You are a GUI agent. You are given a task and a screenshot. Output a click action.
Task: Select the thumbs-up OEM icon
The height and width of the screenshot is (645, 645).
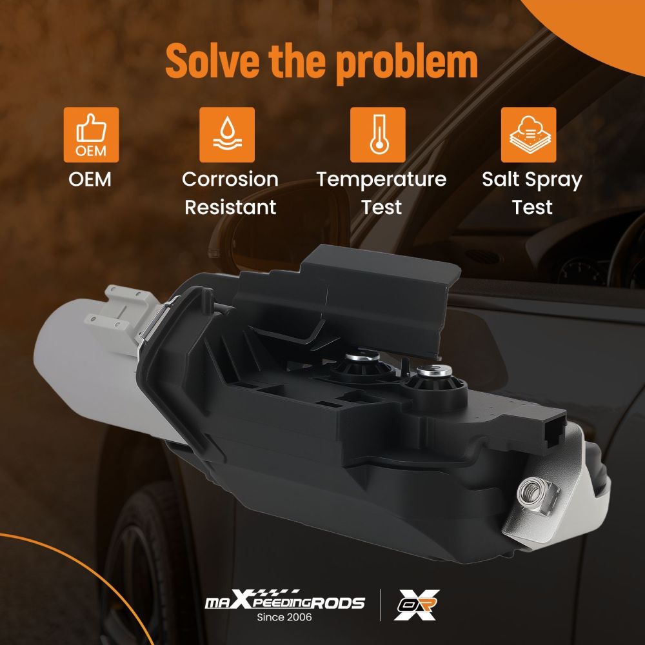pos(91,135)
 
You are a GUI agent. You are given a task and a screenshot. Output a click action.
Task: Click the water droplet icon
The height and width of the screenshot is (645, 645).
pos(226,135)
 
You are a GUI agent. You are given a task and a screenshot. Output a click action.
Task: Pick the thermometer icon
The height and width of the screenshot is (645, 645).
pos(377,135)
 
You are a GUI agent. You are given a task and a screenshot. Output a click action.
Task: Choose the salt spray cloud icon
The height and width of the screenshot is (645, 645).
pos(528,135)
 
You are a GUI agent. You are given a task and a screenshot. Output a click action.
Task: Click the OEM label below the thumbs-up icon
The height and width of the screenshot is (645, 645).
pos(90,179)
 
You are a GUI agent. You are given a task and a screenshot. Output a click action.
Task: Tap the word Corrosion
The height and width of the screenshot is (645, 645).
pos(230,179)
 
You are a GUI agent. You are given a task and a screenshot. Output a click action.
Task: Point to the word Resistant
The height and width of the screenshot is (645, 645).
pos(230,207)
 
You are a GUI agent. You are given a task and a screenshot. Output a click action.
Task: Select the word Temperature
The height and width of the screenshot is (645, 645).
pos(381,179)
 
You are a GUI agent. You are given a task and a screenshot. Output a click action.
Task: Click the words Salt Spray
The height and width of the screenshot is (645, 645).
pos(532,179)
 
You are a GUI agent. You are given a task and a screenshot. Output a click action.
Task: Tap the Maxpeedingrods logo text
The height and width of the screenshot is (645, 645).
pos(284,602)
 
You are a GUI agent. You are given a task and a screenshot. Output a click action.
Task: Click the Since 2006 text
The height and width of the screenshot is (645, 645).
pos(284,617)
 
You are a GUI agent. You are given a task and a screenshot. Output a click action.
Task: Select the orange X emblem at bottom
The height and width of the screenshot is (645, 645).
pos(416,604)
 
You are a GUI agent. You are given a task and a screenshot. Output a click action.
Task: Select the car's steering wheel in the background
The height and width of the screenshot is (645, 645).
pos(622,252)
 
